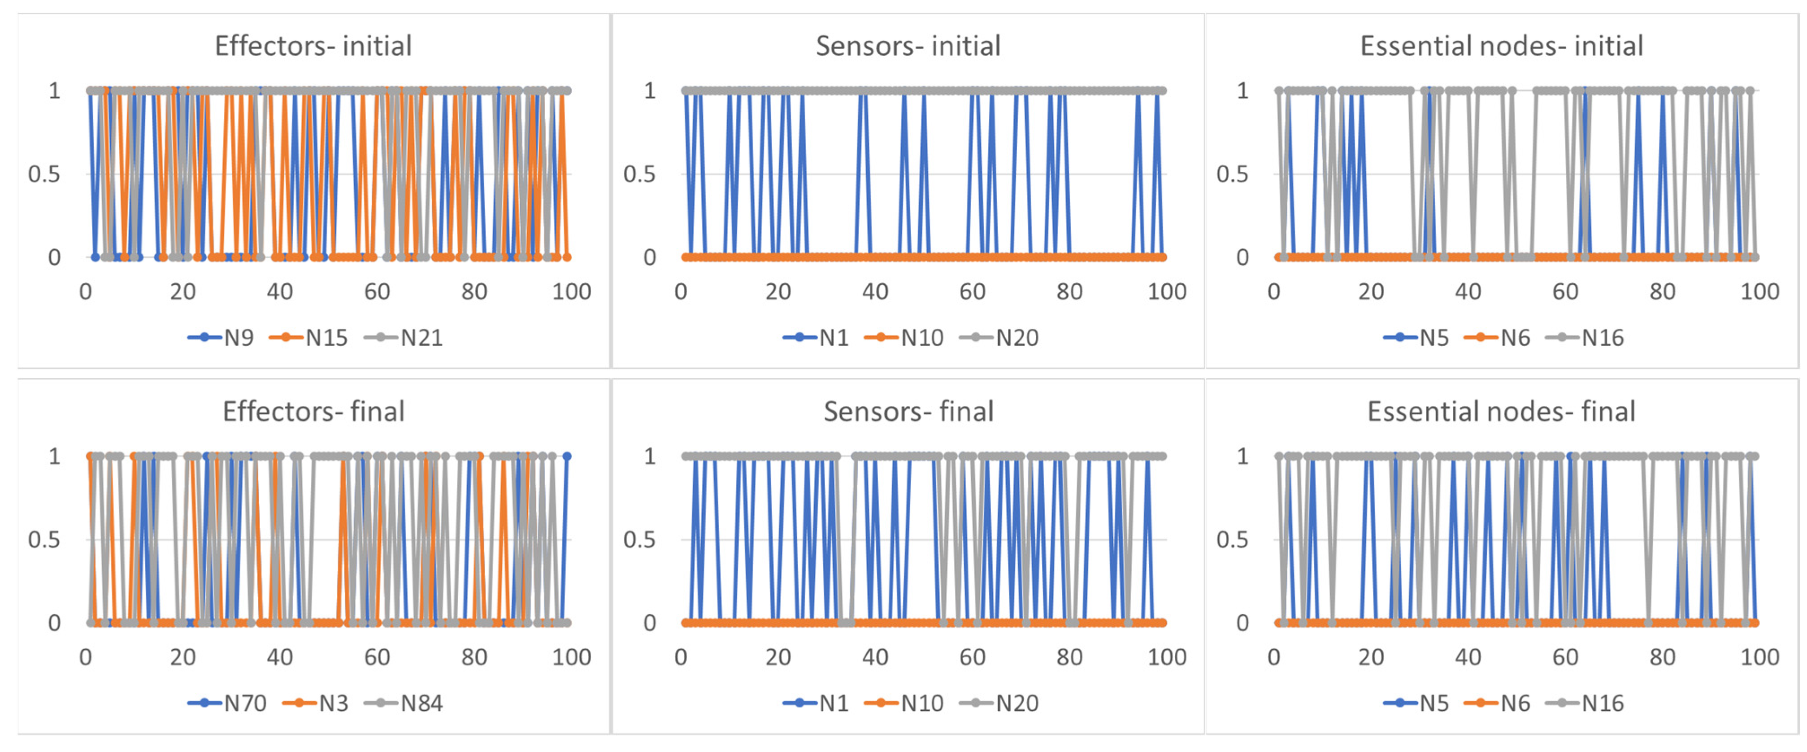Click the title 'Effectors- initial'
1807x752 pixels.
click(x=313, y=46)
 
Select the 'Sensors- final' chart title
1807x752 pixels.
click(x=908, y=412)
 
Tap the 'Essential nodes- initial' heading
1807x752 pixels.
click(x=1501, y=46)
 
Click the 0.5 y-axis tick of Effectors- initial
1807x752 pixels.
click(x=43, y=175)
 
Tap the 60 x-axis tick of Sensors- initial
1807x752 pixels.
click(x=972, y=292)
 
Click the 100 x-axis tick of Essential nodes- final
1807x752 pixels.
click(x=1759, y=657)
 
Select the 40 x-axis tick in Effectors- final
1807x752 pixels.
click(x=280, y=657)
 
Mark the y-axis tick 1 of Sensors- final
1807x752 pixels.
click(x=650, y=456)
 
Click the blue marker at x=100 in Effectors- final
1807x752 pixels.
click(x=567, y=456)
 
